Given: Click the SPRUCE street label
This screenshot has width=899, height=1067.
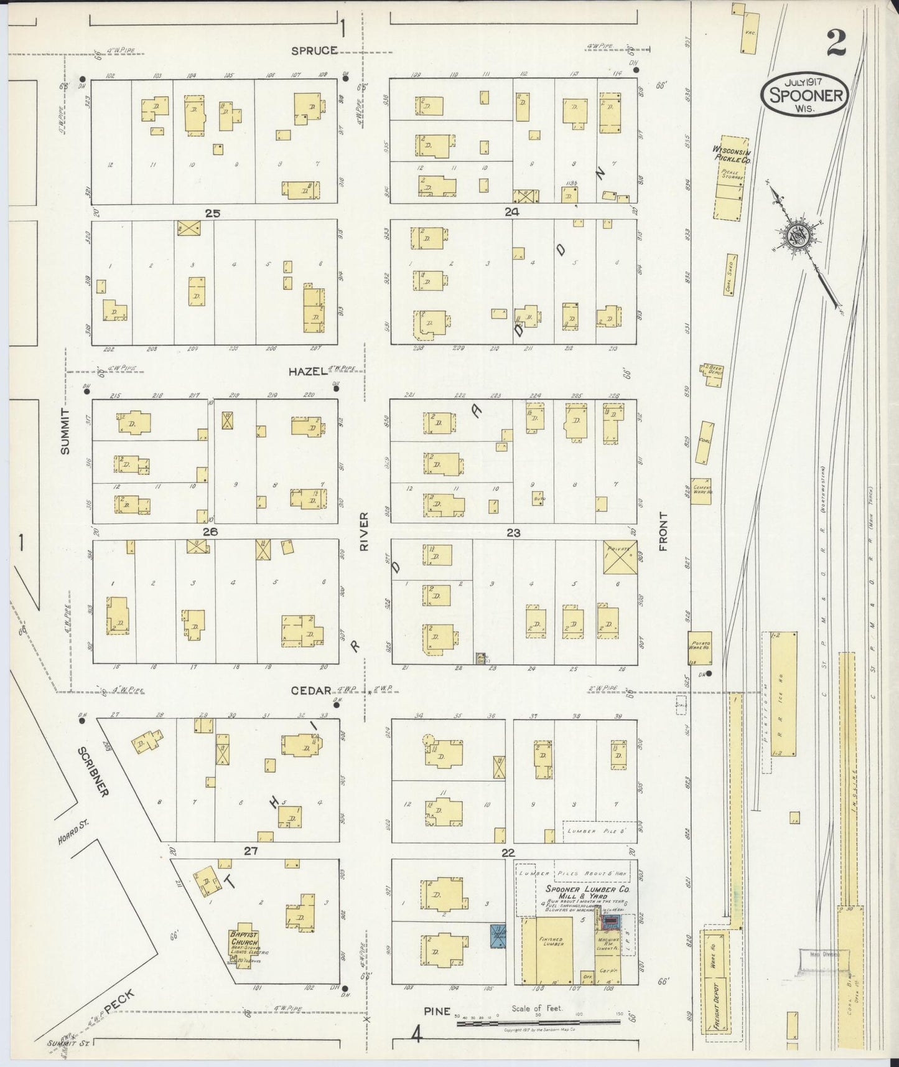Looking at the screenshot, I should [x=315, y=50].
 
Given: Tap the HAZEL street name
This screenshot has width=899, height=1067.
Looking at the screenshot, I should [x=307, y=371].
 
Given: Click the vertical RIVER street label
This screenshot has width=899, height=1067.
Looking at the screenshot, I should [x=365, y=530].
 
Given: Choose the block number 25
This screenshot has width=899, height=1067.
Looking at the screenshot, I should [x=213, y=213].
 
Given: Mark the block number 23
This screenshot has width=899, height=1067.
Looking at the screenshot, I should [x=513, y=533].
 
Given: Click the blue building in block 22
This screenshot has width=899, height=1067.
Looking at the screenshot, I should [x=498, y=936].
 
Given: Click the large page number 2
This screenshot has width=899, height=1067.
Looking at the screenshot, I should [x=836, y=43].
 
